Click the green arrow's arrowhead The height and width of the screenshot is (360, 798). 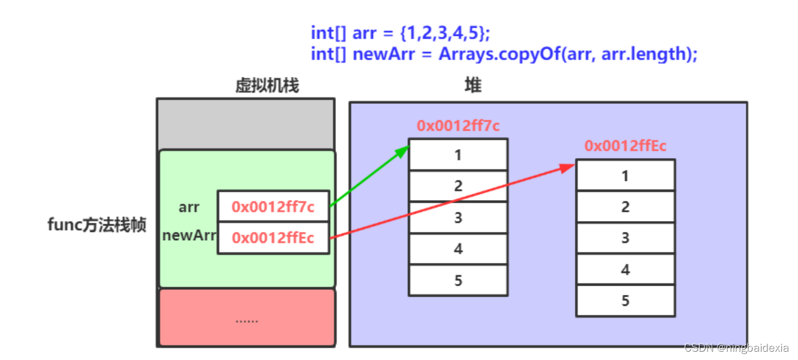coord(403,150)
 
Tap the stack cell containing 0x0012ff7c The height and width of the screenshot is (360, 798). coord(273,206)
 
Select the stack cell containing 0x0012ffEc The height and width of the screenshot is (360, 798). coord(273,238)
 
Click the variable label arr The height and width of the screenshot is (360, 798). coord(189,207)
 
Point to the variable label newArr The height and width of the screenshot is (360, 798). coord(189,235)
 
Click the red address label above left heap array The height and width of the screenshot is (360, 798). coord(458,126)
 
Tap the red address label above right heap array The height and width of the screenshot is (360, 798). coord(625,146)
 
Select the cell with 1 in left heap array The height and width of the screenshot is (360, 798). coord(458,155)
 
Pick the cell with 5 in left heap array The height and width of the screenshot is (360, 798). coord(458,280)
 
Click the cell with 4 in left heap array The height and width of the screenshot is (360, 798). coord(458,249)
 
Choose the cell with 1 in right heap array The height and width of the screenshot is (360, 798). coord(625,175)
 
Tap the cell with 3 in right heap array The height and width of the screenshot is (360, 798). coord(625,238)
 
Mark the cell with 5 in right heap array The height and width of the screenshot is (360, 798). coord(625,301)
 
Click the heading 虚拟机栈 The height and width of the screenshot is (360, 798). coord(267,85)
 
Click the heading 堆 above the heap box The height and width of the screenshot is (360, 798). coord(472,85)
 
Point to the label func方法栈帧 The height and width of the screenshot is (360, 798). coord(97,225)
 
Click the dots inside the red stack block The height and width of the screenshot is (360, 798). coord(247,320)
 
